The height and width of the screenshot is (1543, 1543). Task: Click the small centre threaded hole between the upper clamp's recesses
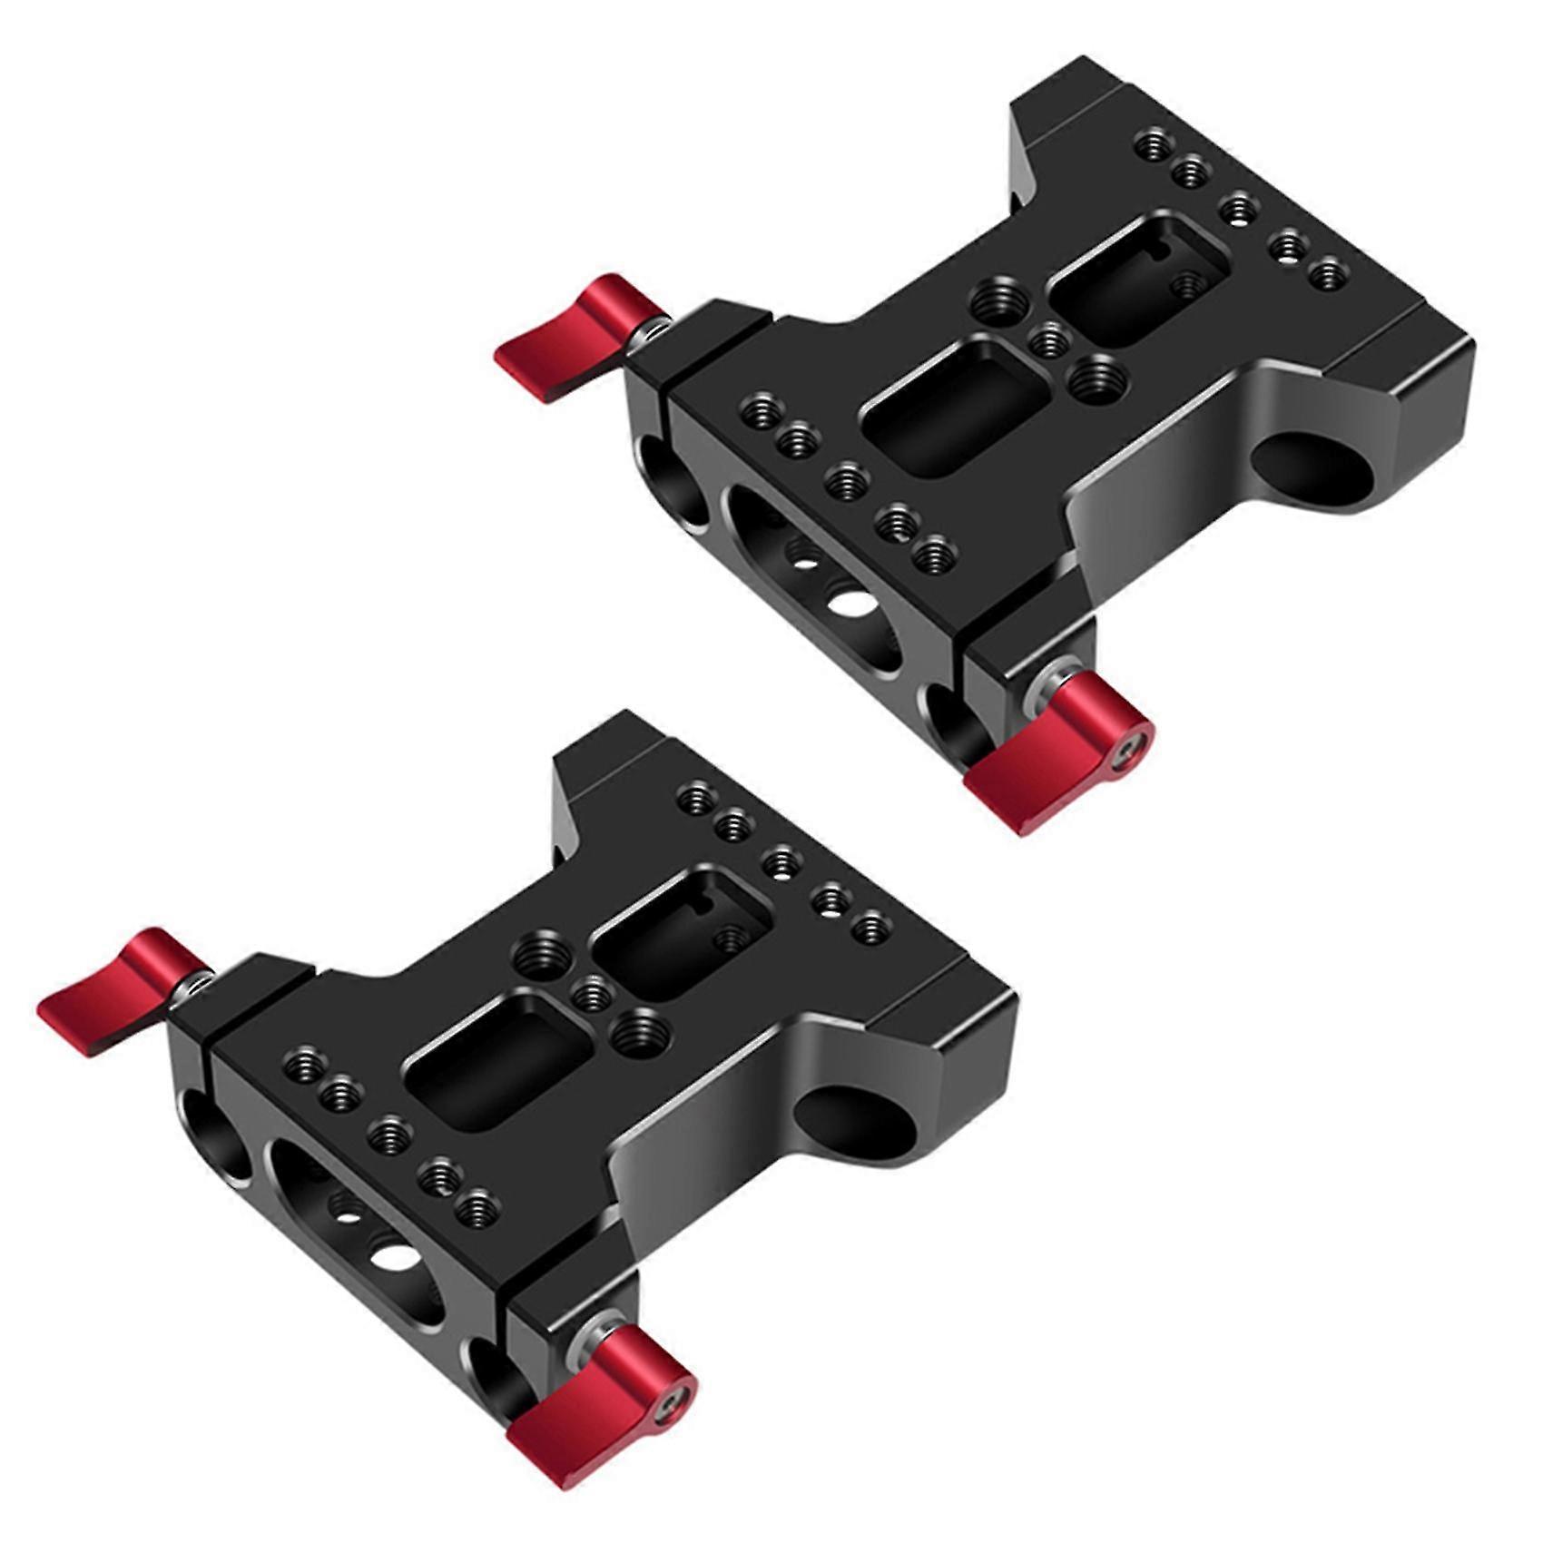click(x=1053, y=340)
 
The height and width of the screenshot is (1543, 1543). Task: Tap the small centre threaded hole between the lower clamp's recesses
click(x=595, y=993)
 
